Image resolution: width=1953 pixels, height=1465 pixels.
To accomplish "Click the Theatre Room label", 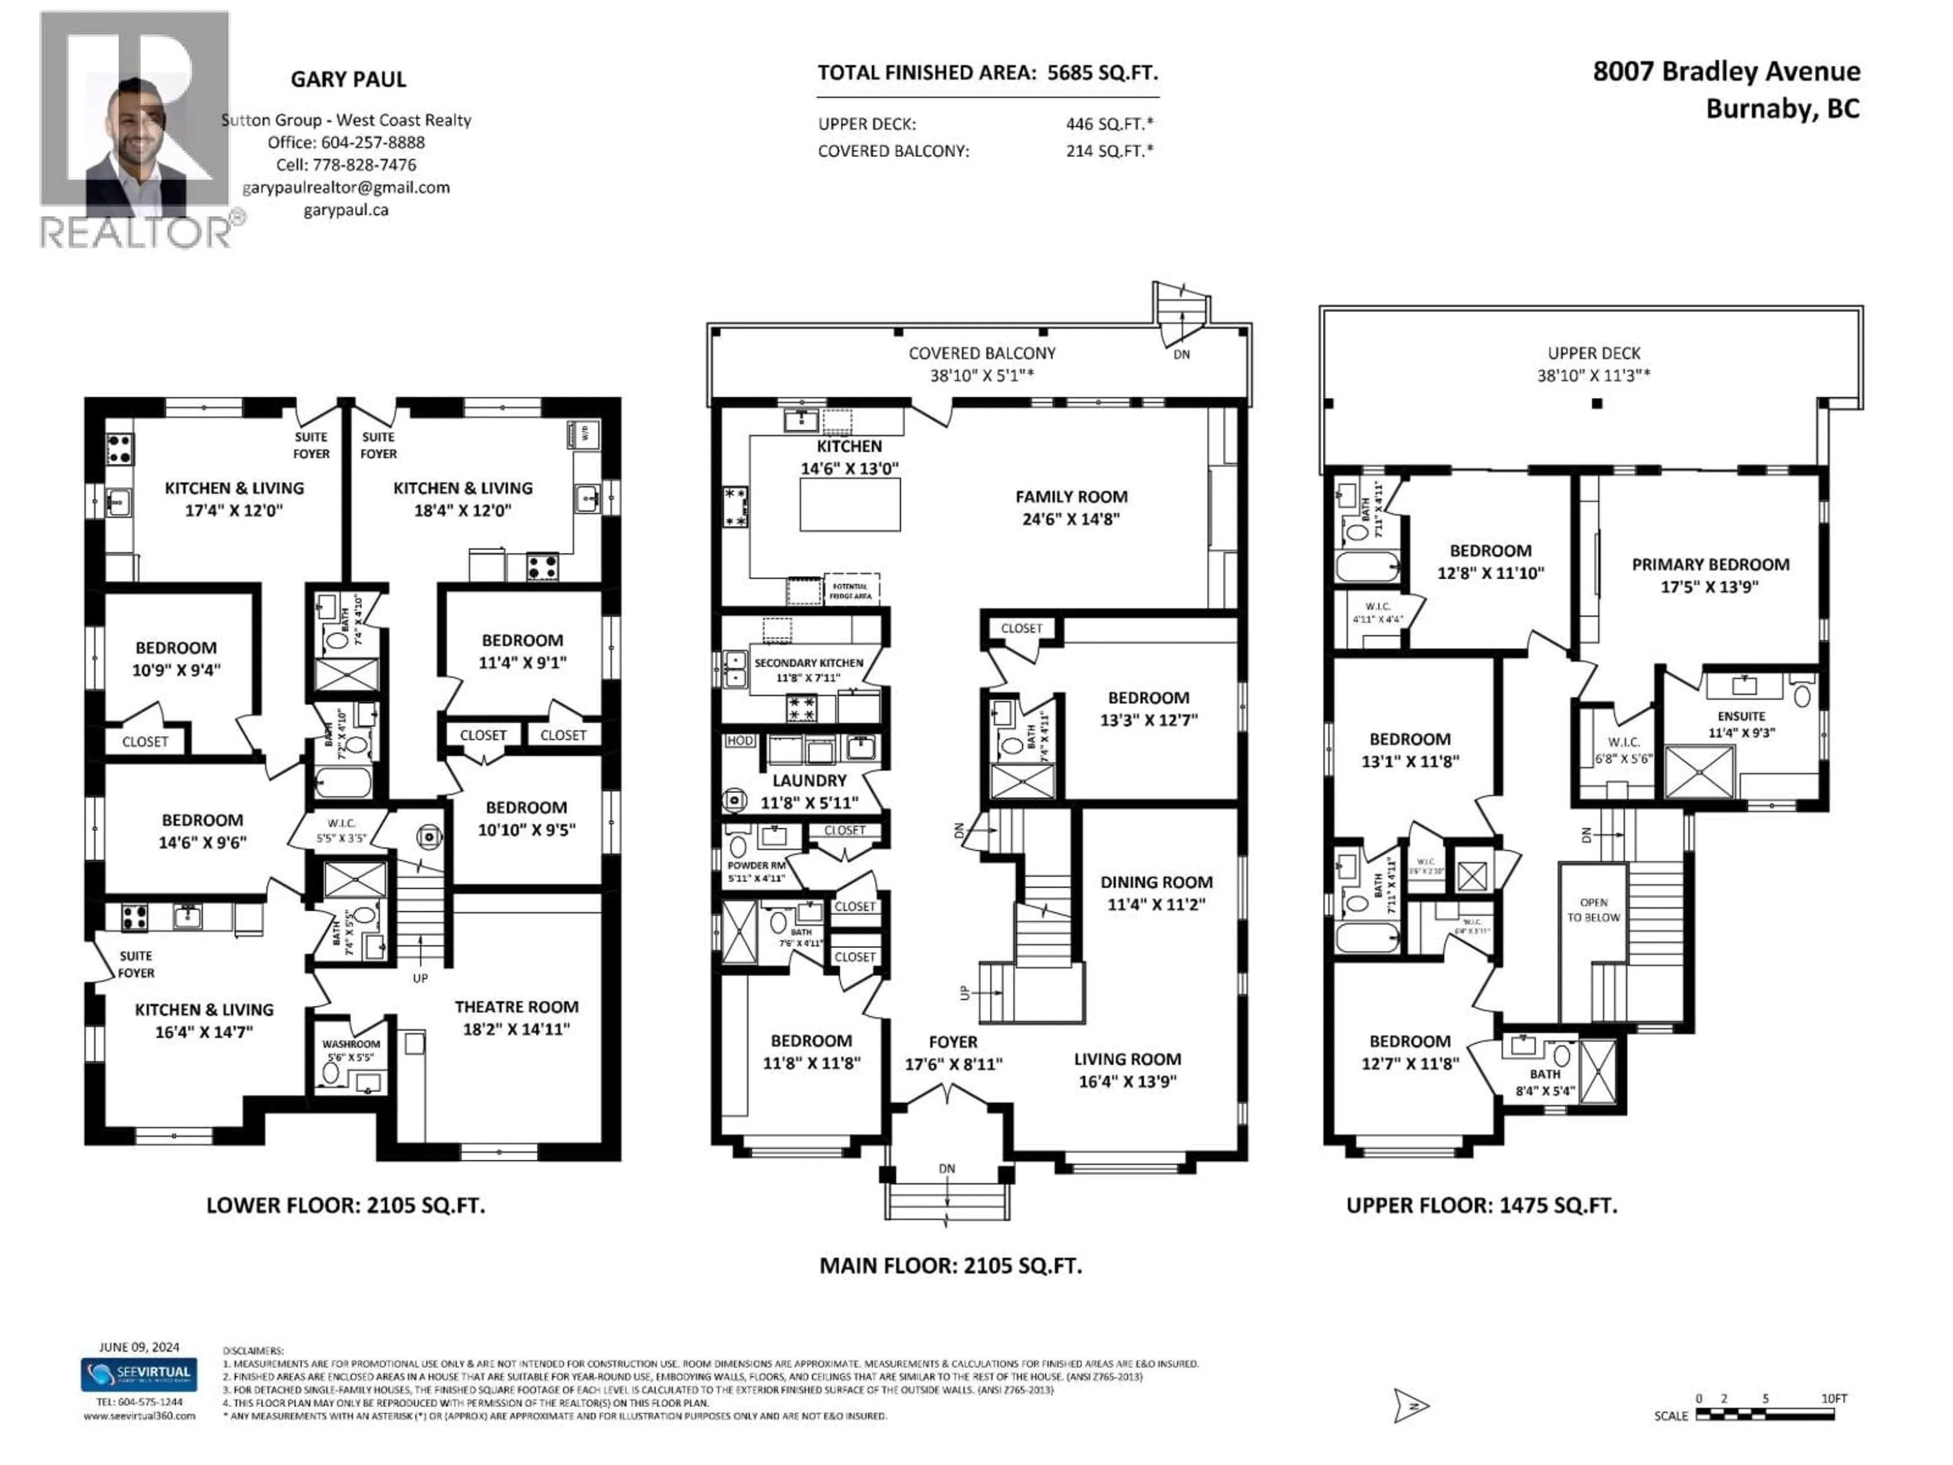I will coord(517,1007).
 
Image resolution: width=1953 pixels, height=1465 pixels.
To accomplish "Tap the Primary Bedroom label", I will coord(1710,564).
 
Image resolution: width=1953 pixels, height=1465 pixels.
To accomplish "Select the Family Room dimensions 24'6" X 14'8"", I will coord(1071,519).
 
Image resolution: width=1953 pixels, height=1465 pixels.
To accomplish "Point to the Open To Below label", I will coord(1593,910).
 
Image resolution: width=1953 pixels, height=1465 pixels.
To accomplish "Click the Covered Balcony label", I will coord(982,353).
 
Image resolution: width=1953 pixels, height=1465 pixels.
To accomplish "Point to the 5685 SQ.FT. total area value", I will coord(1102,72).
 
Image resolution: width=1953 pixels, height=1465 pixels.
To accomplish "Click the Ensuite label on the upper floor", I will coord(1741,716).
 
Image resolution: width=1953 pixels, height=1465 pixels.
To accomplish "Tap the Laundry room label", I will coord(809,781).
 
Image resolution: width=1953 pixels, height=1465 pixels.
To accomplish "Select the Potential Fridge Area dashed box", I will coord(850,590).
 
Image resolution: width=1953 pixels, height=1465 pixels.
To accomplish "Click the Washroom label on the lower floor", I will coord(350,1044).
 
